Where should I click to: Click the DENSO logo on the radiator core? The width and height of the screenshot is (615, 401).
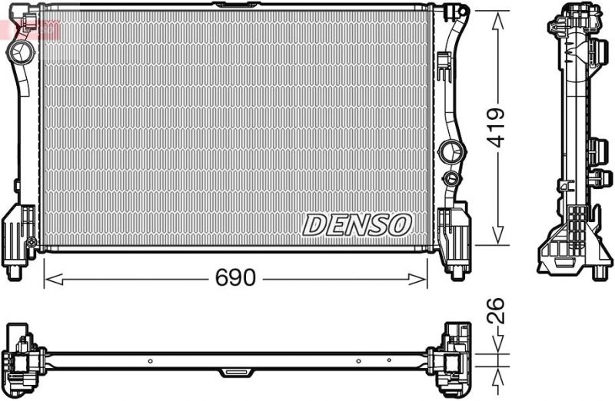tap(357, 224)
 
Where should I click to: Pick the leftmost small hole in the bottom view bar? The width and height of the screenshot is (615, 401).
tap(151, 360)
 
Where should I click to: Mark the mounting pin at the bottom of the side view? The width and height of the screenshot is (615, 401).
tap(598, 271)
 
